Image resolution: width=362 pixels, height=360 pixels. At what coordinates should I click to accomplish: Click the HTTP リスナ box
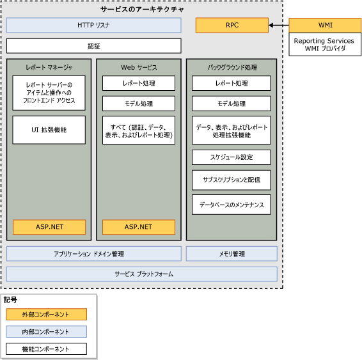pos(94,26)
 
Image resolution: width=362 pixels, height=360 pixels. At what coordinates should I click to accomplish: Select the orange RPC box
pos(232,26)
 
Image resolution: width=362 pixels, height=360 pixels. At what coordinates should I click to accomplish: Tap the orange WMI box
pos(325,26)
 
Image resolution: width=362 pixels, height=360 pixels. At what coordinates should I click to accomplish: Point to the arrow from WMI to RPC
pos(279,26)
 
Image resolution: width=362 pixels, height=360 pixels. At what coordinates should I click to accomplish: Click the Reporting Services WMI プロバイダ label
pos(325,45)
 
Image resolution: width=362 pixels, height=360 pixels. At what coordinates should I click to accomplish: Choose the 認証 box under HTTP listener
pos(94,46)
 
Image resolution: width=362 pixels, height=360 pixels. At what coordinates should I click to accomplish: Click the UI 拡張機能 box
pos(49,130)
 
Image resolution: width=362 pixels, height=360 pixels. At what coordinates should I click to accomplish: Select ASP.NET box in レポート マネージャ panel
pos(49,227)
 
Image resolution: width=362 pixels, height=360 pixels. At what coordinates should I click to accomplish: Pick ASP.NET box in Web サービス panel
pos(139,227)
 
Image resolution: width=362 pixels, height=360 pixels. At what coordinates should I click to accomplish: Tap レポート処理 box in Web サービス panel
pos(139,84)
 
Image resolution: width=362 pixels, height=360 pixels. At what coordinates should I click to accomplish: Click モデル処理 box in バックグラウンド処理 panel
pos(231,104)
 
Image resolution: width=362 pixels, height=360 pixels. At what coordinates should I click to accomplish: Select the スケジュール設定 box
pos(231,157)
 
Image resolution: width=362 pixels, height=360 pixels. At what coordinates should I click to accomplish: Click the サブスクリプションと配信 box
pos(231,180)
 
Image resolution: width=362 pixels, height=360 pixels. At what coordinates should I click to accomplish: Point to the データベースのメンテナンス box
pos(231,204)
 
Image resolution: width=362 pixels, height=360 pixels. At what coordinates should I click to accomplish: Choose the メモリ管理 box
pos(232,254)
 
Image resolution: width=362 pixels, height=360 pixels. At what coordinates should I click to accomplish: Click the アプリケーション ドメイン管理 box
pos(94,254)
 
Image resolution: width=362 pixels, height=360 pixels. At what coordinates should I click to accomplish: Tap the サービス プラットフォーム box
pos(142,274)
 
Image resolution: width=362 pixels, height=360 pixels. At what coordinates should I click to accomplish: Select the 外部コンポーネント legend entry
pos(46,315)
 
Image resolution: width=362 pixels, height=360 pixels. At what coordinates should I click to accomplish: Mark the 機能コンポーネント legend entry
pos(46,349)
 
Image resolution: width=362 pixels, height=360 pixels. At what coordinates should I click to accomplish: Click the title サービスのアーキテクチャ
pos(142,10)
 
